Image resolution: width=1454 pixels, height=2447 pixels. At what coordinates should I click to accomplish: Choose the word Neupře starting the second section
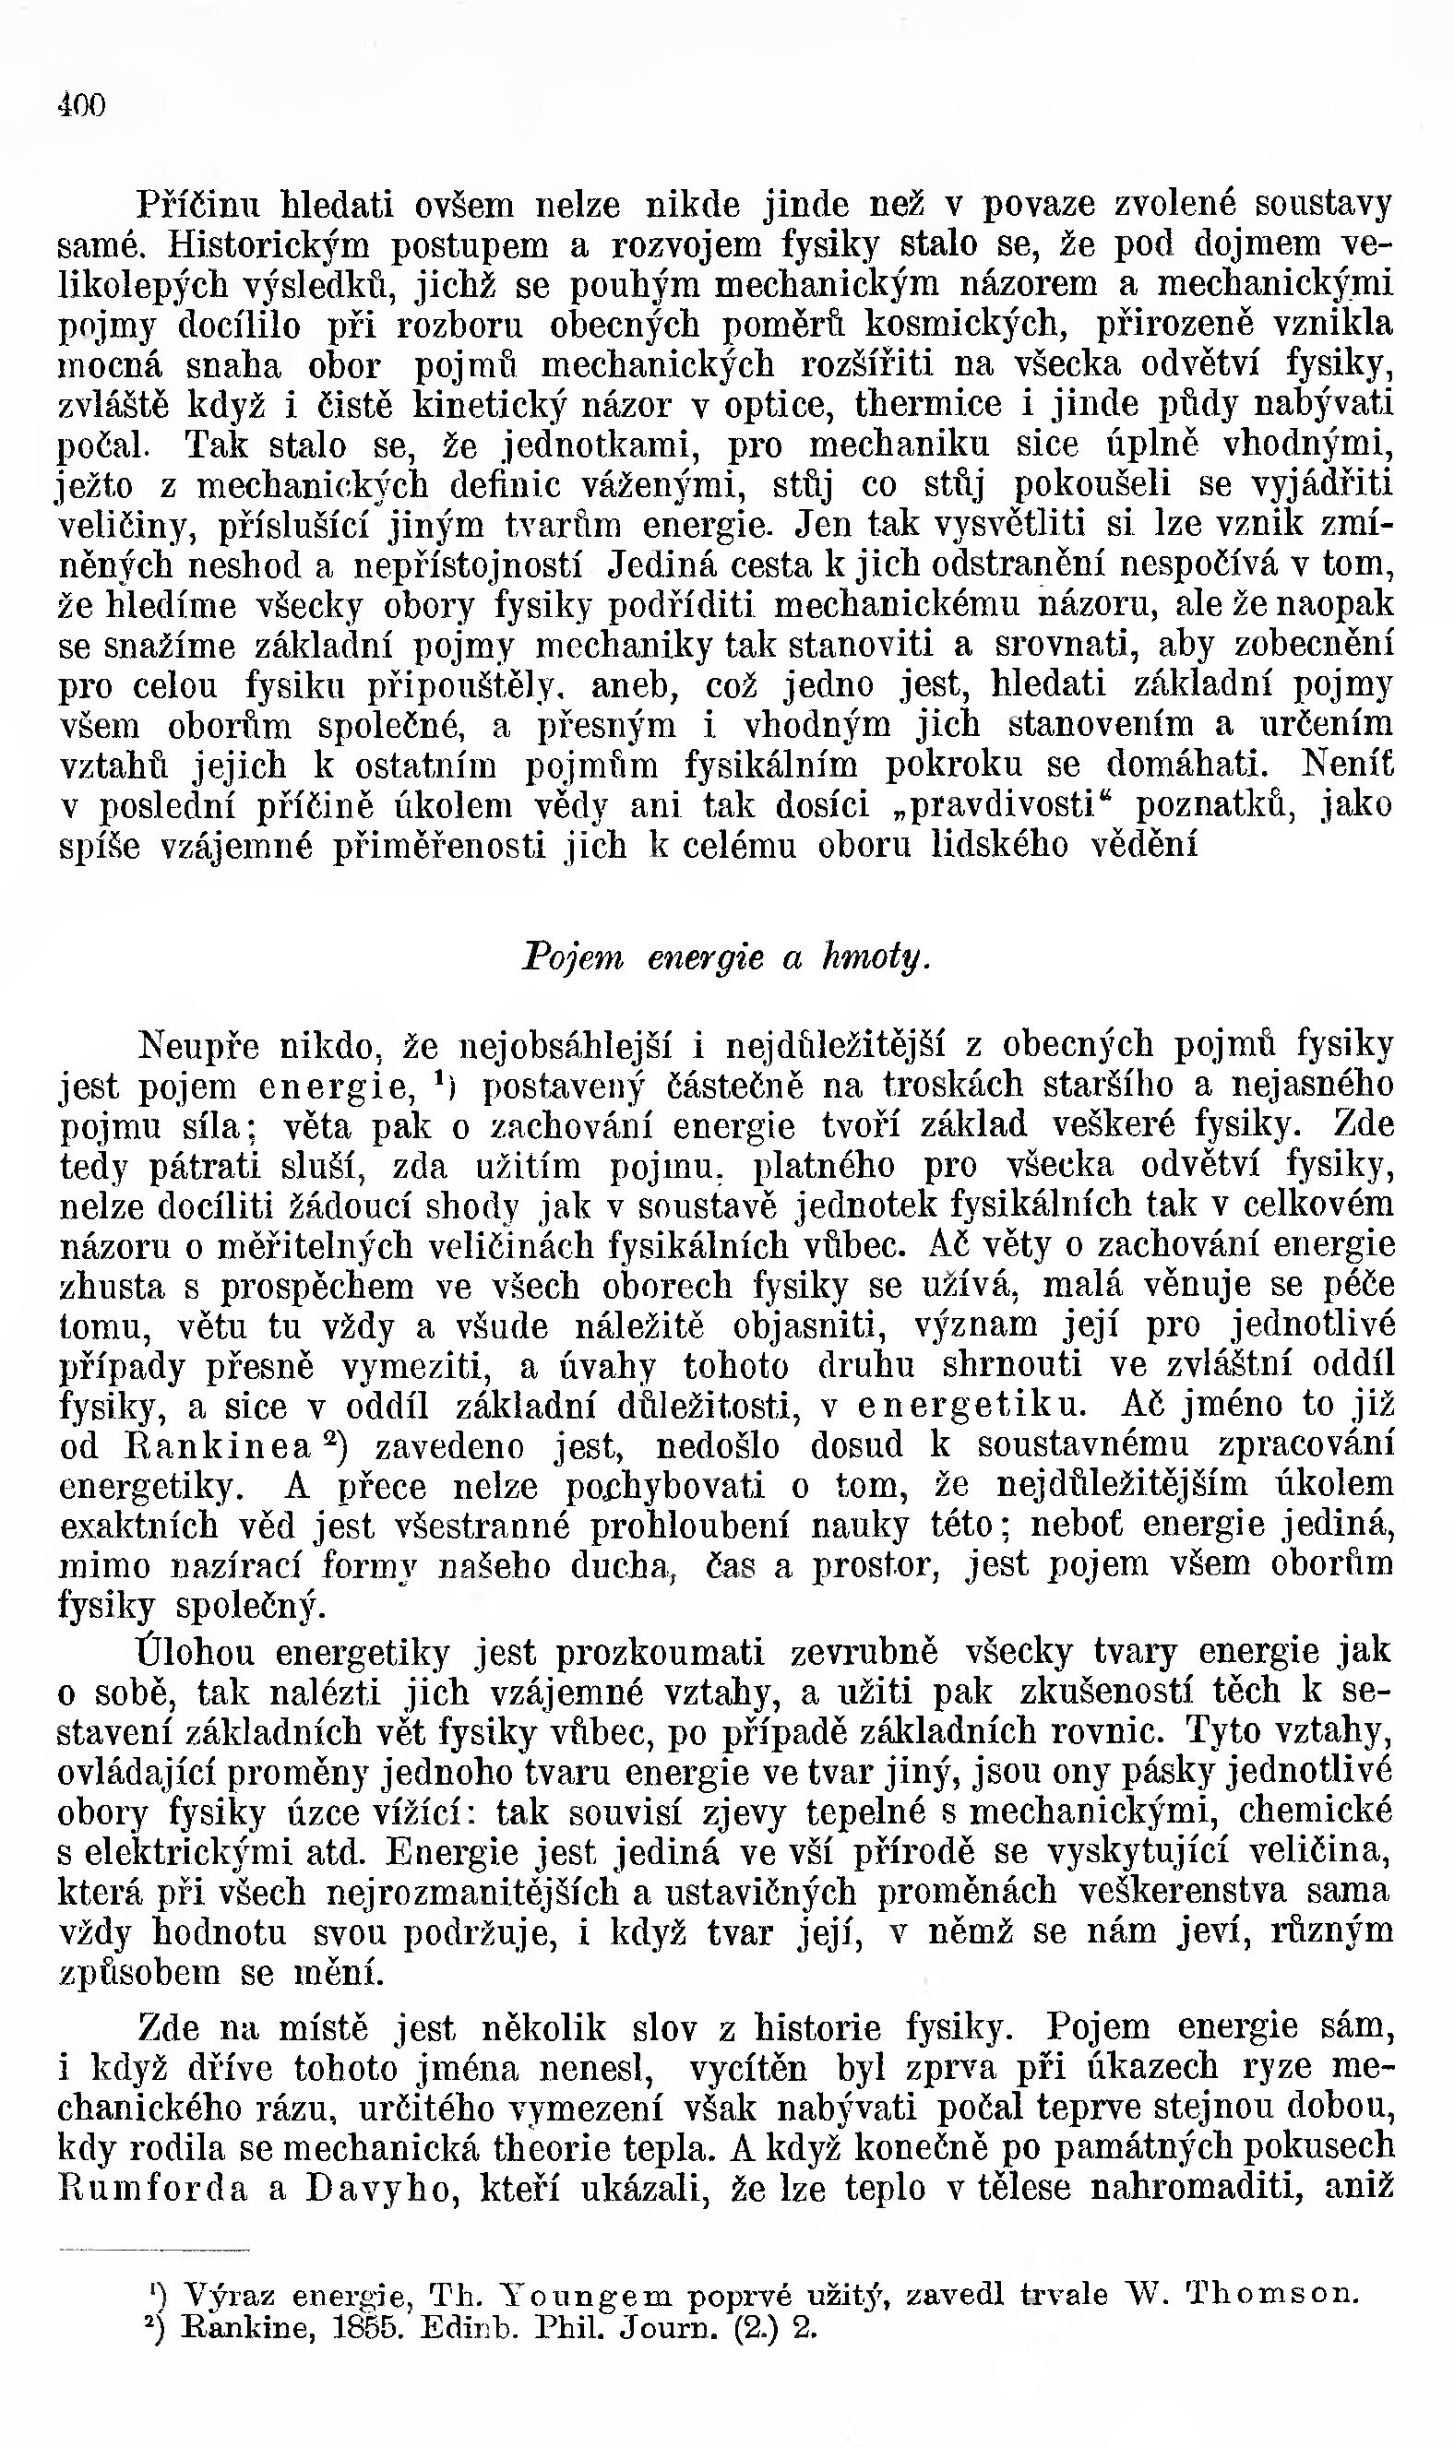pos(199,1046)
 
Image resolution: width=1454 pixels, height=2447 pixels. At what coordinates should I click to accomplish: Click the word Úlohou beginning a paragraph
pos(197,1653)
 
